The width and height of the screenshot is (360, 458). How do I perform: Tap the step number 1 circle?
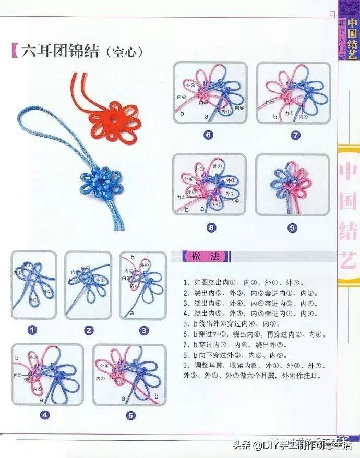coord(33,330)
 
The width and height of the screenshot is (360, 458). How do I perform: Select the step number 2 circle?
coord(89,330)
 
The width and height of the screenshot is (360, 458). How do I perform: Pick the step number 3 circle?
coord(144,330)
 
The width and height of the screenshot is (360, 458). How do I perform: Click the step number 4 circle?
coord(45,415)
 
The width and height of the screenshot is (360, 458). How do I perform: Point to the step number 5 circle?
coord(130,415)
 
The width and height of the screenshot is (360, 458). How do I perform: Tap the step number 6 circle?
coord(208,135)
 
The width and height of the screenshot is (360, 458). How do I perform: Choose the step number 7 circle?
coord(295,135)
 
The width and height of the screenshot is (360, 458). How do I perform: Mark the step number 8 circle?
coord(211,227)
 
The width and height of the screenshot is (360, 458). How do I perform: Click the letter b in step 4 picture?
coord(17,357)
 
